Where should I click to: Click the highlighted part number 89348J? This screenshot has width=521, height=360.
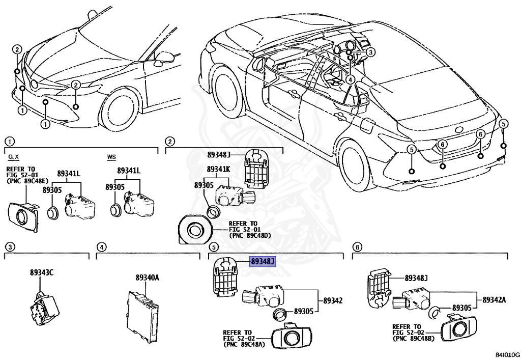262,262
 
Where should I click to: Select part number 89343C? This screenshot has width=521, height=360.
41,272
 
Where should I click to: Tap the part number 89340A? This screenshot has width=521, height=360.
147,278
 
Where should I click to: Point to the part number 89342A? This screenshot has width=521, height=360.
494,299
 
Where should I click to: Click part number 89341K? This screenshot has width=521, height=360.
219,169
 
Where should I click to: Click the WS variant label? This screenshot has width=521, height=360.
111,157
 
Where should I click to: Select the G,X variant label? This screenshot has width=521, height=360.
13,157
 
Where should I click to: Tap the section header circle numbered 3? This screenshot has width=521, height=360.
10,247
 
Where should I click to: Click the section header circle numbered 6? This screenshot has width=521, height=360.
358,247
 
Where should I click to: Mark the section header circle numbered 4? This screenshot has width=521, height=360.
102,247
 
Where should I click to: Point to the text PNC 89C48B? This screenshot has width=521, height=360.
413,339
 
